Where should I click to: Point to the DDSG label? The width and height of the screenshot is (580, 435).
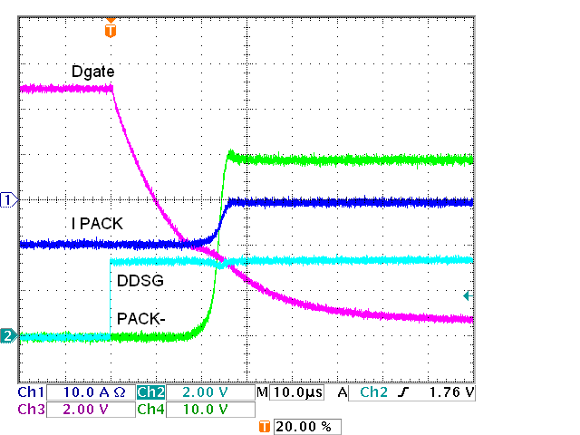tap(140, 282)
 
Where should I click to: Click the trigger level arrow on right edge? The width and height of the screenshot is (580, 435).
tap(468, 295)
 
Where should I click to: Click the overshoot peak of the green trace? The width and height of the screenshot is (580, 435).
tap(230, 152)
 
